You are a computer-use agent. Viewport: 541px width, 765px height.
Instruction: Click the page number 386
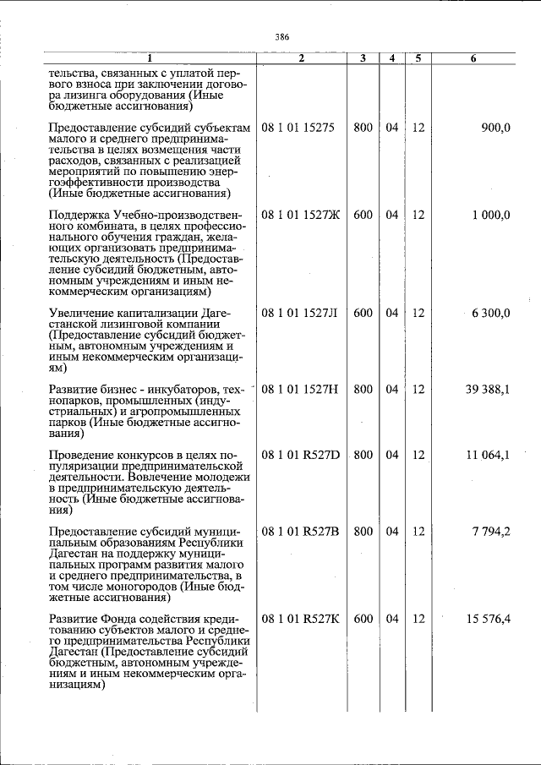tap(282, 37)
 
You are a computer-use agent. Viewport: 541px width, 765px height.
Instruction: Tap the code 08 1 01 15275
tap(298, 128)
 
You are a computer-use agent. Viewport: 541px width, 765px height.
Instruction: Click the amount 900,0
tap(495, 128)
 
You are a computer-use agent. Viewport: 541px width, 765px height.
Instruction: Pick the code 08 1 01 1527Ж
tap(301, 215)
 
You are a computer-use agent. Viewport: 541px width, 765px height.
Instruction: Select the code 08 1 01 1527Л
tap(300, 313)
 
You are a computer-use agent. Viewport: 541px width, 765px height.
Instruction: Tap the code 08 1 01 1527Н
tap(300, 389)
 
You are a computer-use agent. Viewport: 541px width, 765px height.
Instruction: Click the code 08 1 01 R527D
tap(300, 455)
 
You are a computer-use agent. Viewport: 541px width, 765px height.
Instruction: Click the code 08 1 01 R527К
tap(300, 619)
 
